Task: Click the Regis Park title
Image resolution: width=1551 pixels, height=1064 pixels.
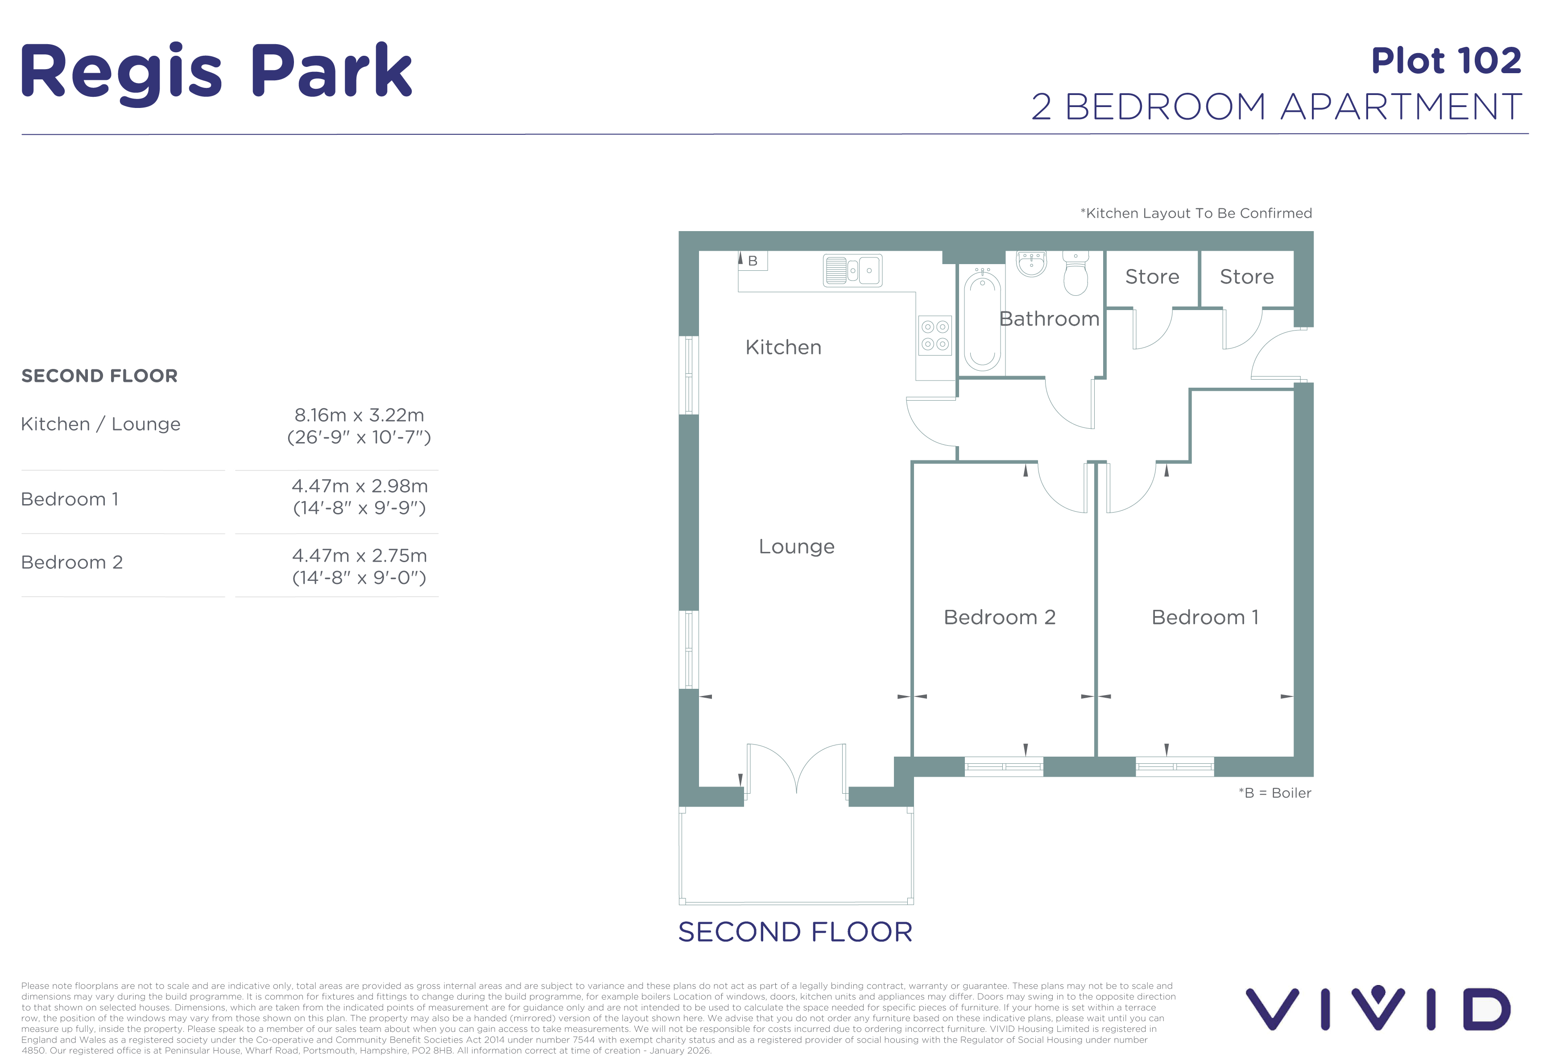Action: pyautogui.click(x=217, y=72)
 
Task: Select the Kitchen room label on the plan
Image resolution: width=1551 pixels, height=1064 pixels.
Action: pyautogui.click(x=783, y=347)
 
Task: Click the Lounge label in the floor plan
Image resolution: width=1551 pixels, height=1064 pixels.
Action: pyautogui.click(x=797, y=546)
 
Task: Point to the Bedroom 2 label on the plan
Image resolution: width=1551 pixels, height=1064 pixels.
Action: pyautogui.click(x=1000, y=617)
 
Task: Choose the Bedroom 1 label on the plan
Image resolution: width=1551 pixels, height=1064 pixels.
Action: pyautogui.click(x=1205, y=617)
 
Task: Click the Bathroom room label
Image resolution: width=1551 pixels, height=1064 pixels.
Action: pyautogui.click(x=1049, y=319)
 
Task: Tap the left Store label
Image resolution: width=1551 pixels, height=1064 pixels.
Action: pyautogui.click(x=1152, y=276)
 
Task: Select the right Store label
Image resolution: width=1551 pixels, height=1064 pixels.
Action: pyautogui.click(x=1247, y=276)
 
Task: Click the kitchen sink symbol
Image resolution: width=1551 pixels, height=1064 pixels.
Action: pyautogui.click(x=853, y=270)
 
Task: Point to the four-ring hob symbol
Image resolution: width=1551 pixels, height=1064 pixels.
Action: pyautogui.click(x=935, y=335)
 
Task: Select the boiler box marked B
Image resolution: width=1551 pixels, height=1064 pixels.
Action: pyautogui.click(x=753, y=261)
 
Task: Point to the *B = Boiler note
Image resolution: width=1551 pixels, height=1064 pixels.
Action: pyautogui.click(x=1275, y=793)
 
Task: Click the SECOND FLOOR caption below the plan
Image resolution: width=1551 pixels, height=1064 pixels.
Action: pyautogui.click(x=795, y=932)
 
